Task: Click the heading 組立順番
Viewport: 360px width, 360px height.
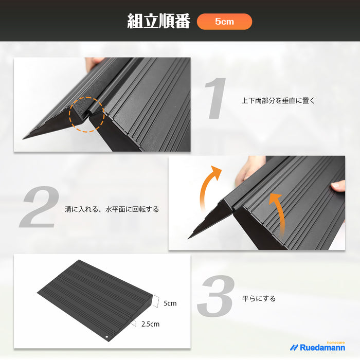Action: click(158, 21)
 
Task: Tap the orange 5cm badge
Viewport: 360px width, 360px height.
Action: click(224, 22)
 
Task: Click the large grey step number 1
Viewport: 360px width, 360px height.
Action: click(216, 98)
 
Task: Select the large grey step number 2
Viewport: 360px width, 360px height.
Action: click(39, 207)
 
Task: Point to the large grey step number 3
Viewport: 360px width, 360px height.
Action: click(216, 296)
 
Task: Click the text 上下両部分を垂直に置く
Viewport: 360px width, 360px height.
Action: click(278, 101)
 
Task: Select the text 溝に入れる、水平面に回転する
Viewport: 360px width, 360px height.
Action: click(112, 209)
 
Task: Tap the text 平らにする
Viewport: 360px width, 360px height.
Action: click(259, 298)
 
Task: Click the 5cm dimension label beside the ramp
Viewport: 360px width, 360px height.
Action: click(170, 303)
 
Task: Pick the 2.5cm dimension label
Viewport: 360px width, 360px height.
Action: click(150, 324)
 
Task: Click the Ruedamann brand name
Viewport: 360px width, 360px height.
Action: click(322, 348)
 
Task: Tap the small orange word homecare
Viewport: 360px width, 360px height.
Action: click(336, 343)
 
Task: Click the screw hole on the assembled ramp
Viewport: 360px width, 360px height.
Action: click(107, 337)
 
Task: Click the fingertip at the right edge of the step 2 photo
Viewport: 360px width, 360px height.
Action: click(338, 186)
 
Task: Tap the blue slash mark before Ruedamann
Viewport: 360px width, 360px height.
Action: click(294, 348)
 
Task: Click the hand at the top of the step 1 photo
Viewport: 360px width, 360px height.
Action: click(94, 63)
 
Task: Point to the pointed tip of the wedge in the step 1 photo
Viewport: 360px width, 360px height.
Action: click(23, 139)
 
